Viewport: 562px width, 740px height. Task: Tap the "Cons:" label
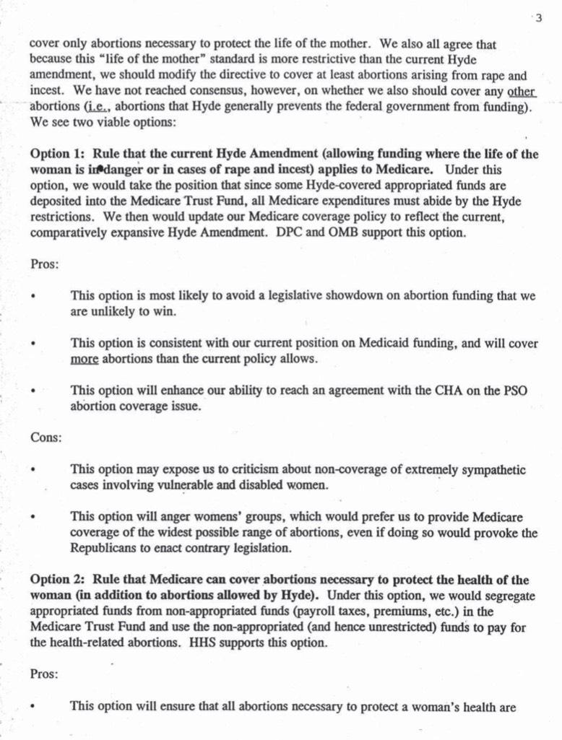[46, 437]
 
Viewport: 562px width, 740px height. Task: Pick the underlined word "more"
[84, 359]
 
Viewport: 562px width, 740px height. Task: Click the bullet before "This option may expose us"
[34, 470]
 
